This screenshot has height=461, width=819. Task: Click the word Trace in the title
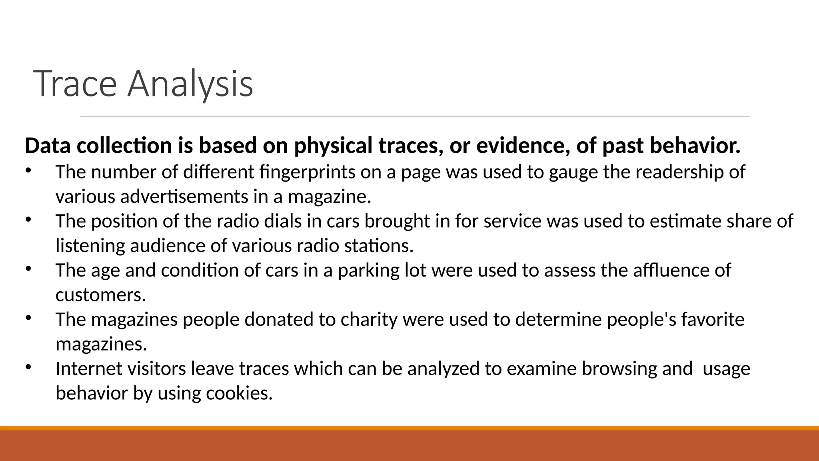(x=75, y=84)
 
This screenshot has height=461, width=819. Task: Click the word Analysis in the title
(x=190, y=84)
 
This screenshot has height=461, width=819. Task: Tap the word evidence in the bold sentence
(x=523, y=145)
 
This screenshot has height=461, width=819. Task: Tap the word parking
(x=368, y=271)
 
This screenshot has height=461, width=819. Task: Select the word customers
(x=101, y=295)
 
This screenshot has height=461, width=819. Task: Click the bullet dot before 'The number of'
(x=28, y=171)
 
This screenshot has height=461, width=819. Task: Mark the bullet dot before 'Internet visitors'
(x=28, y=367)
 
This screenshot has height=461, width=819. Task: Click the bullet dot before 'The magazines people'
(x=28, y=318)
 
